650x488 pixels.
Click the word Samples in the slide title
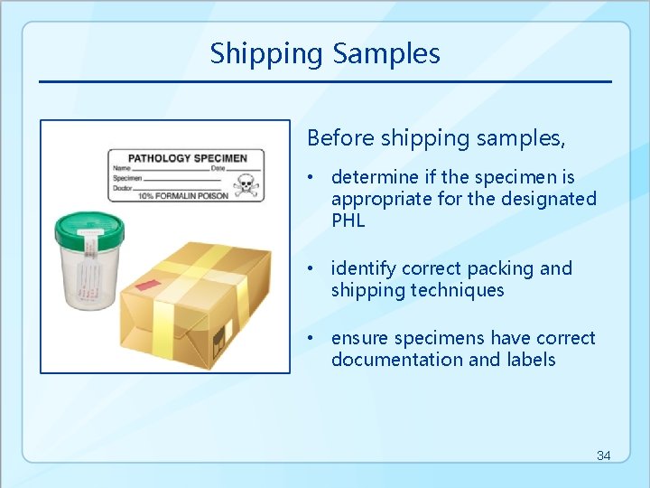[386, 54]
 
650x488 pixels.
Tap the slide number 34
[603, 455]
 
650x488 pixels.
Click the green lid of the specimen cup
[93, 229]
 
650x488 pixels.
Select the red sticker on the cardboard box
[144, 285]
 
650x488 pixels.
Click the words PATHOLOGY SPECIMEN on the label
[187, 158]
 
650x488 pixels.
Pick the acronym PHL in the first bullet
[348, 221]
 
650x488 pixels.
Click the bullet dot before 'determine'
[311, 177]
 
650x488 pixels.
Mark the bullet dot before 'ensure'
[311, 338]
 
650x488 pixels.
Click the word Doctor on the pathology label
[122, 186]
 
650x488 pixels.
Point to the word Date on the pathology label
[218, 168]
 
